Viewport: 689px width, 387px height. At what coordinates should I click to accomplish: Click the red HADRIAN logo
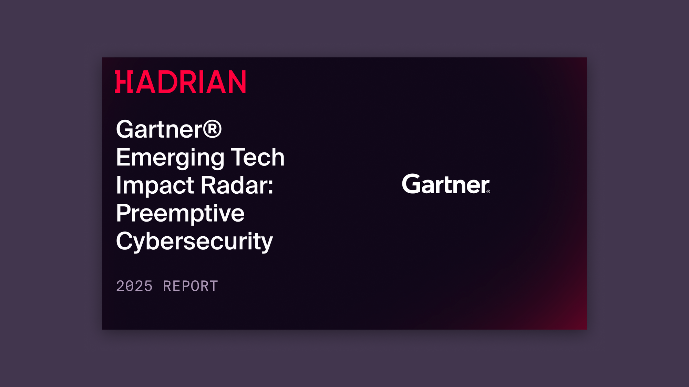pos(180,82)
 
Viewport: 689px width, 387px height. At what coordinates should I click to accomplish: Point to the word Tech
pos(257,157)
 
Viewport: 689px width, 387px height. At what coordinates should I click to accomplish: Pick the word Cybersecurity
pos(194,242)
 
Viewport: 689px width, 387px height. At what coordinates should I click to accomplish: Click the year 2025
pos(134,286)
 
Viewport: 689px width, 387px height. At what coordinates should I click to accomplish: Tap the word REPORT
pos(191,286)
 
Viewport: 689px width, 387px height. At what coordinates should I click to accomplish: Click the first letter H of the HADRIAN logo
pos(123,82)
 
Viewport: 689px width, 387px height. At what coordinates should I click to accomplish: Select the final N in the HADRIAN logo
pos(236,82)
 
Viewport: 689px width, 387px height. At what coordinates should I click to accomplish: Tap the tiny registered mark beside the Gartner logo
pos(488,192)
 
